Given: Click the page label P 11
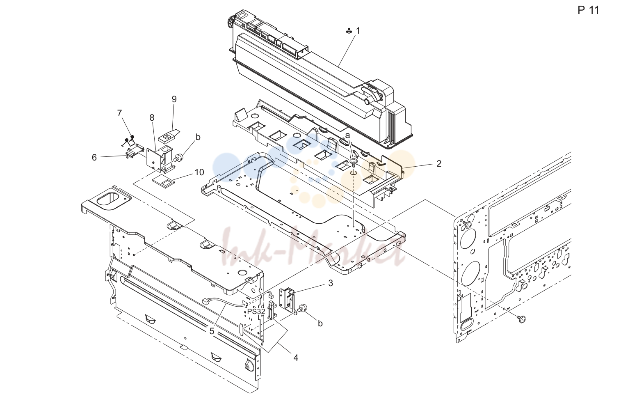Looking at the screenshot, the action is (x=589, y=10).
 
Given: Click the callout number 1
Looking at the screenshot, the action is (x=358, y=31).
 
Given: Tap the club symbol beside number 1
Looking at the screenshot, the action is (x=349, y=31).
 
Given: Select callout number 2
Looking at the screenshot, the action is (x=439, y=163).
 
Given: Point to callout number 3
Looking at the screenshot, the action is (x=331, y=283).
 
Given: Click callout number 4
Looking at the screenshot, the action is (x=296, y=358).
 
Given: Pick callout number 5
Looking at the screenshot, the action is (x=212, y=331).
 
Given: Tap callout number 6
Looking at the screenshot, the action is (x=94, y=158).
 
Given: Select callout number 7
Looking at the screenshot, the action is (x=119, y=113).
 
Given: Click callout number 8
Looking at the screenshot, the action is (x=152, y=118).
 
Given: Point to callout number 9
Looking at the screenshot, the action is (x=174, y=99).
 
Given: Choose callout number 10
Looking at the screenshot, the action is (x=199, y=172).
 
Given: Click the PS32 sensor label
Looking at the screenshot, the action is (x=256, y=312).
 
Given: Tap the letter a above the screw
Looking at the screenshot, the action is (x=348, y=135).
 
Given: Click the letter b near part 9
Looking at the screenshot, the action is (x=198, y=138).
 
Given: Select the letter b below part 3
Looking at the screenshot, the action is (x=320, y=324).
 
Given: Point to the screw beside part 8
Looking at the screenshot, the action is (x=178, y=158).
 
